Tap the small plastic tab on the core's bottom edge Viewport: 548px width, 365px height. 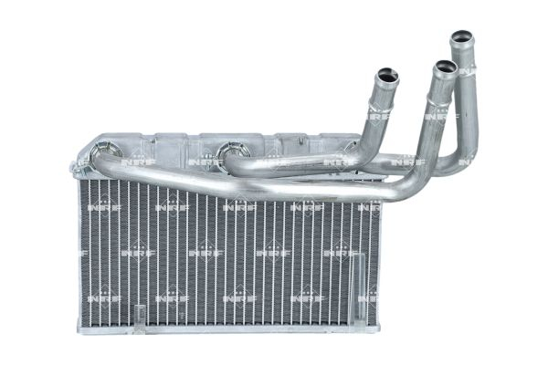tap(139, 315)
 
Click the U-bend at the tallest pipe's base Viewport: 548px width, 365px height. tap(452, 164)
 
